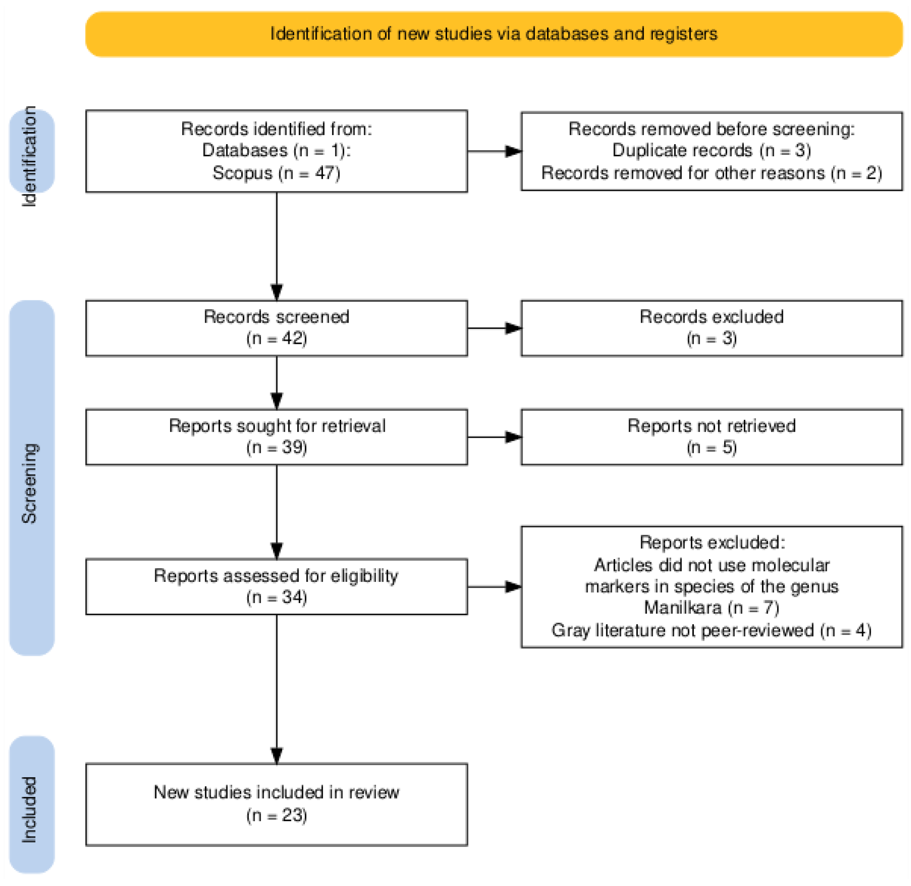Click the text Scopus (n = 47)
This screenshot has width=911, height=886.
pyautogui.click(x=276, y=173)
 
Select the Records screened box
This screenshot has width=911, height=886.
pyautogui.click(x=276, y=328)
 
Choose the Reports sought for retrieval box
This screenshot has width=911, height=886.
pyautogui.click(x=276, y=437)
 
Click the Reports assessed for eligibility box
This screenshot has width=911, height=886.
pyautogui.click(x=276, y=586)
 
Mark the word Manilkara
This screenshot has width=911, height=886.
pyautogui.click(x=682, y=608)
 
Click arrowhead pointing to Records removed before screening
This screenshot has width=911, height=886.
pyautogui.click(x=514, y=151)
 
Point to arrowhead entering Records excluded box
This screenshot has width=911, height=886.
pyautogui.click(x=514, y=328)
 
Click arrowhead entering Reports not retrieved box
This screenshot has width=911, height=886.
pyautogui.click(x=514, y=437)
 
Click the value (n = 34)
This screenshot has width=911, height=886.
pyautogui.click(x=276, y=598)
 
